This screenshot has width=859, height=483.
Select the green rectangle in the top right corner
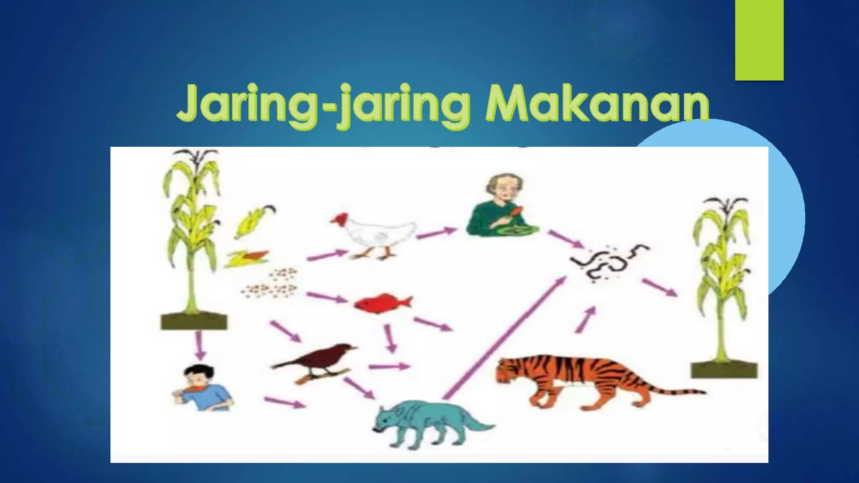pos(759,40)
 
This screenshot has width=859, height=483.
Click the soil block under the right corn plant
pos(724,370)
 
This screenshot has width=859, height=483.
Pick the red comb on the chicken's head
pos(337,218)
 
